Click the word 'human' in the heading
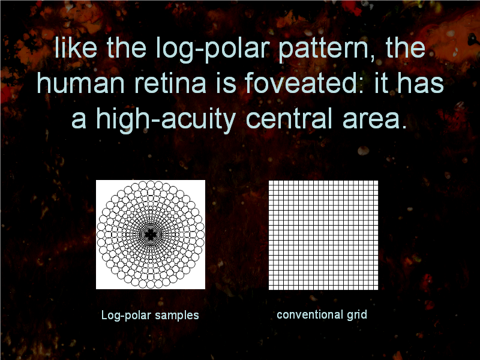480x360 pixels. point(81,83)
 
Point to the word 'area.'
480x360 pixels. point(374,119)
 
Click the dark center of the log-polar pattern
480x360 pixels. point(151,235)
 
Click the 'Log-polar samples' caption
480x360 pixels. point(150,316)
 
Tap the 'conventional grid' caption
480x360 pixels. point(322,315)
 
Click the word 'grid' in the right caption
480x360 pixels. point(356,316)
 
